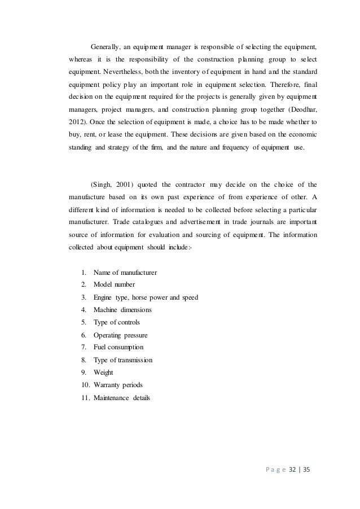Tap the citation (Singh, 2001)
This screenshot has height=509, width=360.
tap(111, 183)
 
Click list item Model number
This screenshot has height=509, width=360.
tap(114, 286)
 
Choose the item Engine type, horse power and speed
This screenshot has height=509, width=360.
tap(146, 297)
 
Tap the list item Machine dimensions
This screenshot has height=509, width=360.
tap(122, 310)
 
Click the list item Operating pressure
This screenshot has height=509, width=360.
tap(120, 335)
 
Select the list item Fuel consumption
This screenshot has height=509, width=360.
tap(118, 347)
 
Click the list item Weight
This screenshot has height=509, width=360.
tap(103, 372)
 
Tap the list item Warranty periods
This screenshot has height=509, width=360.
tap(117, 385)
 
